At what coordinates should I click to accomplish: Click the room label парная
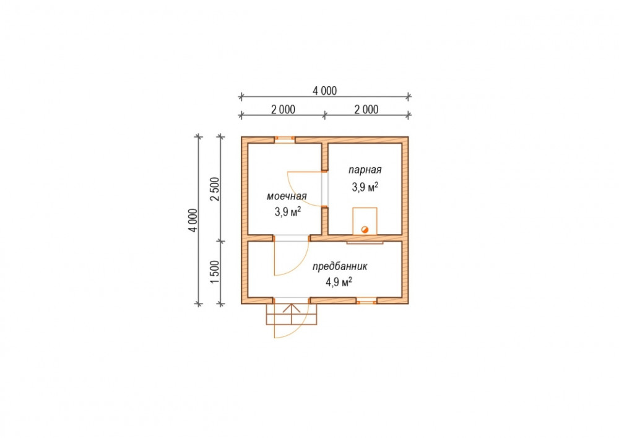pos(365,170)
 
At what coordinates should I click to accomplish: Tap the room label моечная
pos(287,196)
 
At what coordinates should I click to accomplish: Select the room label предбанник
pos(340,266)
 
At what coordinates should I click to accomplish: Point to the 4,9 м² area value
pos(339,282)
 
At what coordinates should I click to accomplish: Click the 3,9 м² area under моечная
pos(288,212)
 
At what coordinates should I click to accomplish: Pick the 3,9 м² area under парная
pos(365,186)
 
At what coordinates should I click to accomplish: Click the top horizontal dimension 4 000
pos(325,91)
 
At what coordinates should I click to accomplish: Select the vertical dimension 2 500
pos(214,189)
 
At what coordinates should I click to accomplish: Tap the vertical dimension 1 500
pos(214,272)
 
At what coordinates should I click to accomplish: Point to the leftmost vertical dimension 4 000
pos(193,221)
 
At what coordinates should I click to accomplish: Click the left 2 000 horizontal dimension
pos(283,110)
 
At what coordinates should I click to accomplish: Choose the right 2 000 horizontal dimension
pos(366,110)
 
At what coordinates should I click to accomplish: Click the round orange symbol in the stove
pos(365,229)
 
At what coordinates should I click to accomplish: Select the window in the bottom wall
pos(366,302)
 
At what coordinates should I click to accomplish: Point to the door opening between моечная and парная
pos(324,189)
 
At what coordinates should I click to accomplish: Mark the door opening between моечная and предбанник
pos(292,238)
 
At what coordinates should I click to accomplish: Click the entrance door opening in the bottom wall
pos(292,300)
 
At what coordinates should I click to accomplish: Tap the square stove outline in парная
pos(365,221)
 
